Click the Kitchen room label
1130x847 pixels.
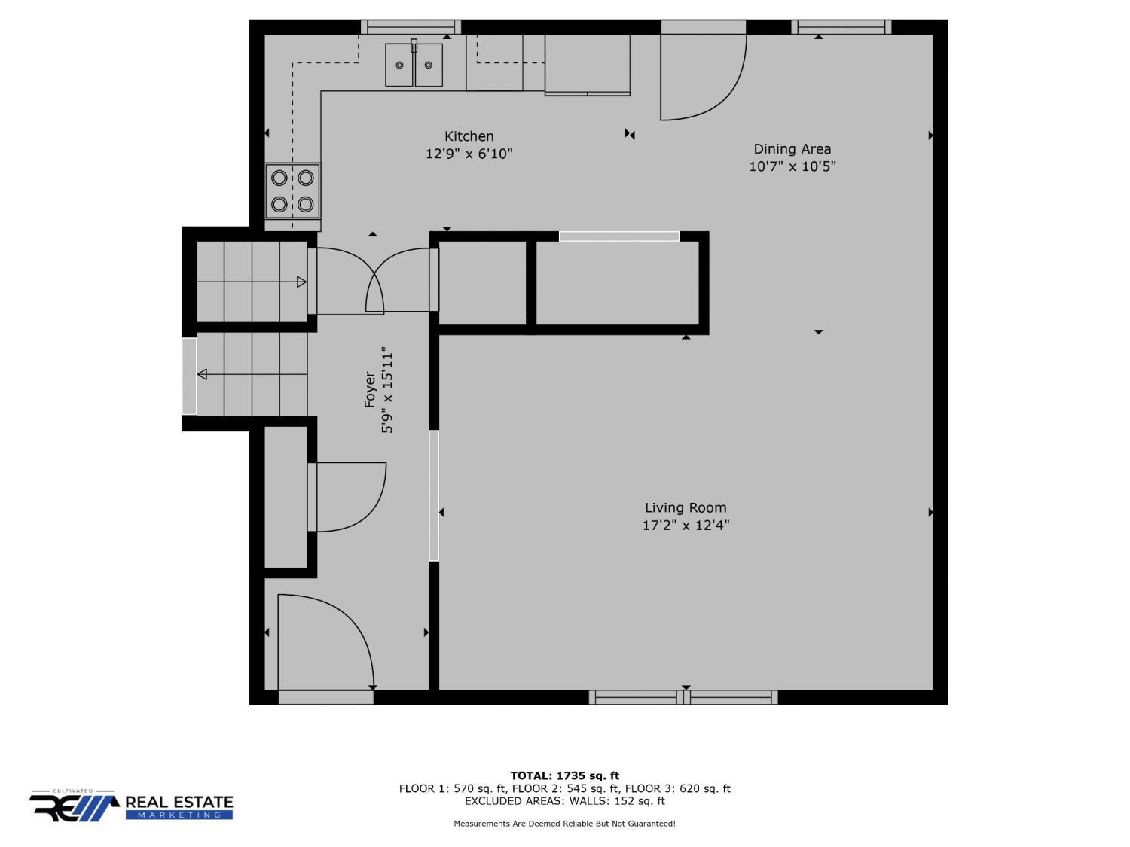pos(469,136)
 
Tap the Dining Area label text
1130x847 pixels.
pos(792,149)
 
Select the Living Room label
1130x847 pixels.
pos(686,507)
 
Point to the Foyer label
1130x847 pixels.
pos(370,389)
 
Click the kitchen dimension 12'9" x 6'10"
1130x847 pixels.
pos(469,154)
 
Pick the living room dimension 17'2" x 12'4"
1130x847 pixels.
pos(686,525)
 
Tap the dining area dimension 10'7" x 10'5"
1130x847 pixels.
pos(792,166)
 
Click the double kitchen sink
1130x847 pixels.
pos(414,64)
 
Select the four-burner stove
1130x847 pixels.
pos(292,191)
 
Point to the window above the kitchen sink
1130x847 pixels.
pos(411,27)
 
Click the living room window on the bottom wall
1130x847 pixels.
pos(683,697)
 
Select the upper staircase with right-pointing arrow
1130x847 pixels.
pos(252,282)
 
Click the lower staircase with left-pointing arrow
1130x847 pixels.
pos(252,374)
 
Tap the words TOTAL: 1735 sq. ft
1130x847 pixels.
pos(564,775)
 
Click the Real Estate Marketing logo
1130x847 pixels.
pos(131,806)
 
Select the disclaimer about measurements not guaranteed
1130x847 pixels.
pos(564,824)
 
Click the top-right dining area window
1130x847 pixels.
pos(841,27)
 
